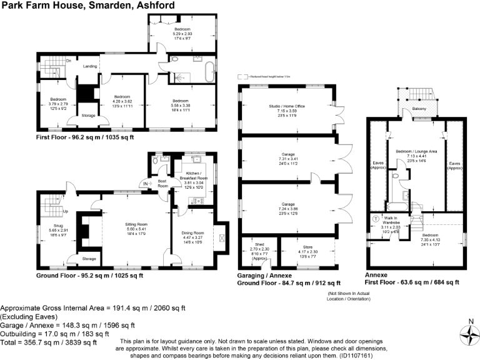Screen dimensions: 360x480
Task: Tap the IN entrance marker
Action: tap(145, 185)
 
